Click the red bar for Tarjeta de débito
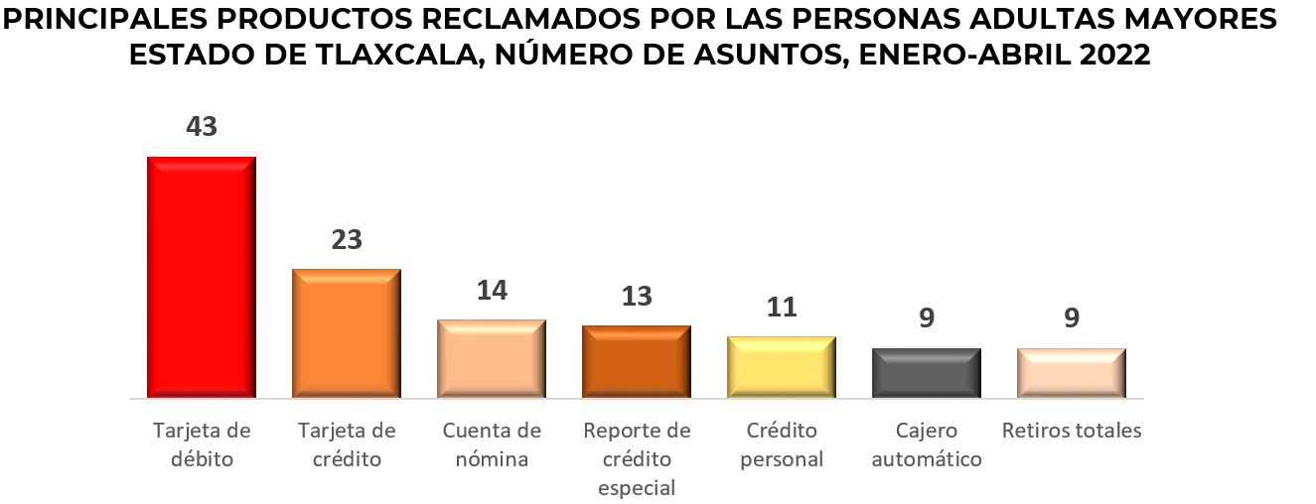pos(202,277)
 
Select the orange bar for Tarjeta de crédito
pos(347,333)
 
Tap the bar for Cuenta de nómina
pos(492,358)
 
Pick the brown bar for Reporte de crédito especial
pos(637,361)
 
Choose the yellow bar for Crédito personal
pos(782,367)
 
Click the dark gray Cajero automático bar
pos(927,373)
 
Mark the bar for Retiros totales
pos(1072,373)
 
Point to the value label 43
pos(202,127)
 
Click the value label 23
pos(347,240)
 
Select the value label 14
pos(492,291)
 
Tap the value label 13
pos(637,296)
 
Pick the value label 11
pos(782,308)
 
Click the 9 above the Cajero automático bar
pos(927,318)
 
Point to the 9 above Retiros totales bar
pos(1072,318)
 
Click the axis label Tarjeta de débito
pos(202,444)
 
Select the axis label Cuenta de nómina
pos(492,444)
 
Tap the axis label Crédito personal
pos(782,444)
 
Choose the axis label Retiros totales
pos(1072,431)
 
